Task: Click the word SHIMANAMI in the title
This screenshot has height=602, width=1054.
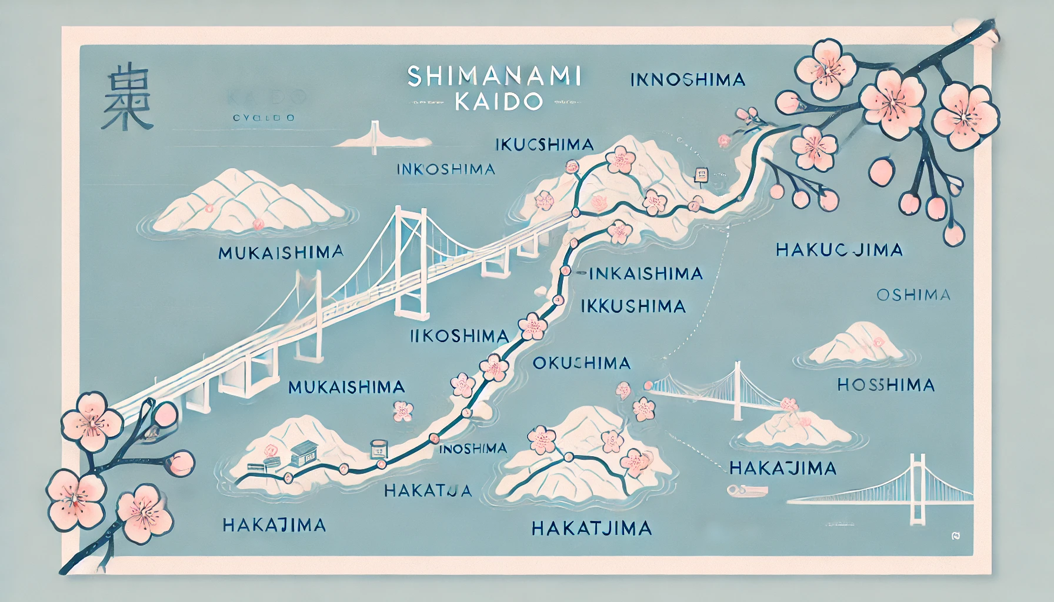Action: (493, 77)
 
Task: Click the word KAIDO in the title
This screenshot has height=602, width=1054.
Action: (498, 102)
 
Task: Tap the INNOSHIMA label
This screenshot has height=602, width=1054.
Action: (688, 79)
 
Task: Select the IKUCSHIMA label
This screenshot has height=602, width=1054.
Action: (544, 145)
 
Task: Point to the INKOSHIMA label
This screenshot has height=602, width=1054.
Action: (445, 170)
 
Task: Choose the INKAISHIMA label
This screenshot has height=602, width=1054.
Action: (645, 273)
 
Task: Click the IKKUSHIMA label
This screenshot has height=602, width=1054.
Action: (633, 306)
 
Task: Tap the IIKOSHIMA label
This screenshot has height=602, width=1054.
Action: (459, 336)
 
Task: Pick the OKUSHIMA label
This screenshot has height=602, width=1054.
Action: (581, 363)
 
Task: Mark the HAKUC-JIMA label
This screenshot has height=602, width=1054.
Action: (839, 250)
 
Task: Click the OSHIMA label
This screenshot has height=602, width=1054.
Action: (913, 295)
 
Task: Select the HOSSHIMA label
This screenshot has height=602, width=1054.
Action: (886, 386)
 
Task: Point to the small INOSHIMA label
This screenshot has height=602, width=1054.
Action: (473, 449)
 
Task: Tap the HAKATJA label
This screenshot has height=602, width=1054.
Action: (428, 490)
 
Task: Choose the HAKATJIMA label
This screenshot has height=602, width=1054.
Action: (591, 528)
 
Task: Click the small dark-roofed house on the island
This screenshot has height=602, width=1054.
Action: (302, 453)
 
